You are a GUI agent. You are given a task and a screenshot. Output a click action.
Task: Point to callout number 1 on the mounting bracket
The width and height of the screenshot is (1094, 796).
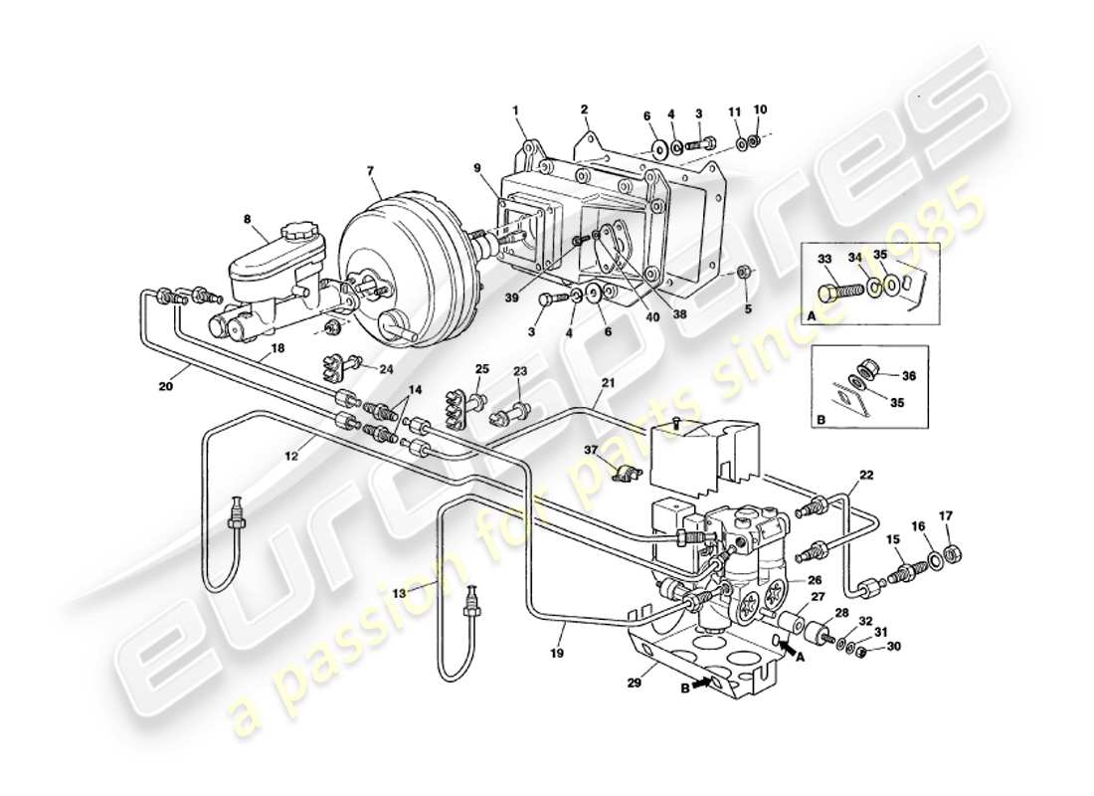tap(518, 111)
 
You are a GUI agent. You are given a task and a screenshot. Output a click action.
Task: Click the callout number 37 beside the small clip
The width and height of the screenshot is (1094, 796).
tap(593, 450)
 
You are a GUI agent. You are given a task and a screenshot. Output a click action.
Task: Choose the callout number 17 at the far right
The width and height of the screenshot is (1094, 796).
tap(945, 515)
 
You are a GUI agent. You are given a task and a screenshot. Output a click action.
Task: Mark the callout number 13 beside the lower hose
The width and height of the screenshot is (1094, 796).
tap(398, 592)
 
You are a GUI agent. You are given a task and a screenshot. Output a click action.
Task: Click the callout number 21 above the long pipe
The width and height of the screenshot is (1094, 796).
tap(607, 383)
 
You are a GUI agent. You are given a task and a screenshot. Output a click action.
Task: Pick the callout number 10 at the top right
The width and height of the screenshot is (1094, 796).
tap(761, 109)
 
